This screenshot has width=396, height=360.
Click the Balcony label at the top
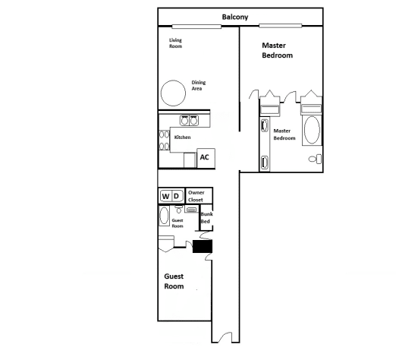(x=235, y=17)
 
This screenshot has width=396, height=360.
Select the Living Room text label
(x=175, y=43)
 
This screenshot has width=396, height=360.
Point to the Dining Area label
(x=200, y=85)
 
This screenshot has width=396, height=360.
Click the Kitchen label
(x=182, y=137)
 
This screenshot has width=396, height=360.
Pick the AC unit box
(x=203, y=158)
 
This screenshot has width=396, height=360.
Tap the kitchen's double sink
(x=189, y=120)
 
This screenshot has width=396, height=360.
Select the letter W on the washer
(x=165, y=197)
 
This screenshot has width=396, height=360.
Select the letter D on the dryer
(x=176, y=197)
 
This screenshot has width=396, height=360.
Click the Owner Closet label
(x=196, y=196)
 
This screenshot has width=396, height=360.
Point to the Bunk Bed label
(x=205, y=219)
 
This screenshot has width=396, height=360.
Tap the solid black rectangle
(x=203, y=246)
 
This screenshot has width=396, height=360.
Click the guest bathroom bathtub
(x=165, y=216)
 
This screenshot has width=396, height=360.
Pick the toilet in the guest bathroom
(x=178, y=209)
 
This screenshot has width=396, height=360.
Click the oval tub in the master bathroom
(x=311, y=131)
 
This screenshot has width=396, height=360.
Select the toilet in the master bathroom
(x=317, y=158)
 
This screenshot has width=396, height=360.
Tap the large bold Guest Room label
(x=174, y=282)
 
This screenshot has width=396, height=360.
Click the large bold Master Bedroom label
(x=277, y=51)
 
